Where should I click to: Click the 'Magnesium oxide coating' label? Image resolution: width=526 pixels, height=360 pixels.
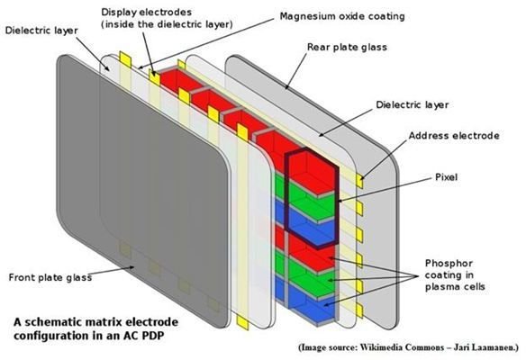tap(342, 16)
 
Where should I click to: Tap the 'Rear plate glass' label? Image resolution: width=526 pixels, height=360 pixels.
tap(347, 48)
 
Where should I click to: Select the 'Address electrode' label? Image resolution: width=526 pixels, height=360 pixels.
tap(454, 136)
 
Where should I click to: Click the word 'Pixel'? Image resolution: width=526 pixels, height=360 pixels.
tap(446, 177)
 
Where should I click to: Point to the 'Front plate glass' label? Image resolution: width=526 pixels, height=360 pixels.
tap(50, 277)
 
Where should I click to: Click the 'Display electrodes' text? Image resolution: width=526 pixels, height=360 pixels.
tap(146, 13)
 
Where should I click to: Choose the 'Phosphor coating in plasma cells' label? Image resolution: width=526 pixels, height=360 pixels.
tap(455, 274)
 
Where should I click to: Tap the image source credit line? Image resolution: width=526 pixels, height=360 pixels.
tap(408, 347)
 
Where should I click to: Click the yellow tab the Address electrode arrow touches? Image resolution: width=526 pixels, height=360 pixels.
tap(360, 181)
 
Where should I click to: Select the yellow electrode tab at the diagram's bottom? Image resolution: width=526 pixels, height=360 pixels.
tap(242, 322)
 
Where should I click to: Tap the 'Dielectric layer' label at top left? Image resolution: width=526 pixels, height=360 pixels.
tap(41, 31)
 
